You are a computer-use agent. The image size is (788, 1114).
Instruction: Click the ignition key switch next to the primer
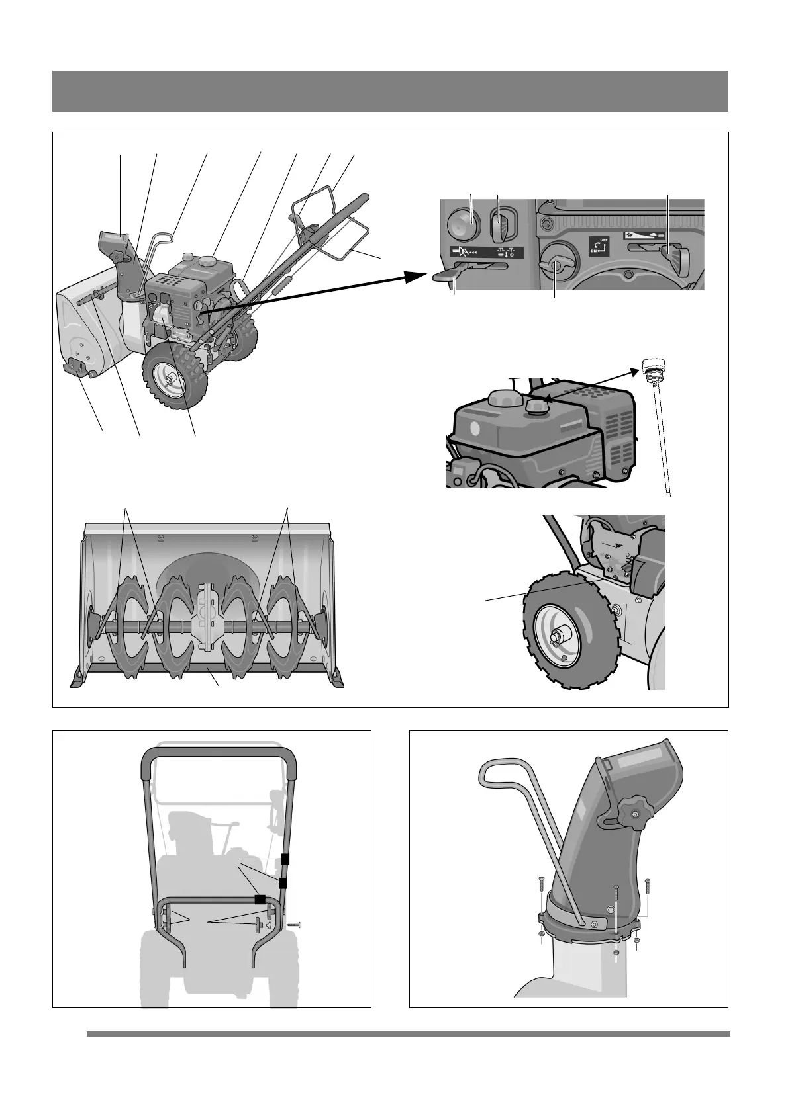tap(500, 228)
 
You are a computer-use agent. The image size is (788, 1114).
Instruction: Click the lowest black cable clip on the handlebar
tap(260, 900)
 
